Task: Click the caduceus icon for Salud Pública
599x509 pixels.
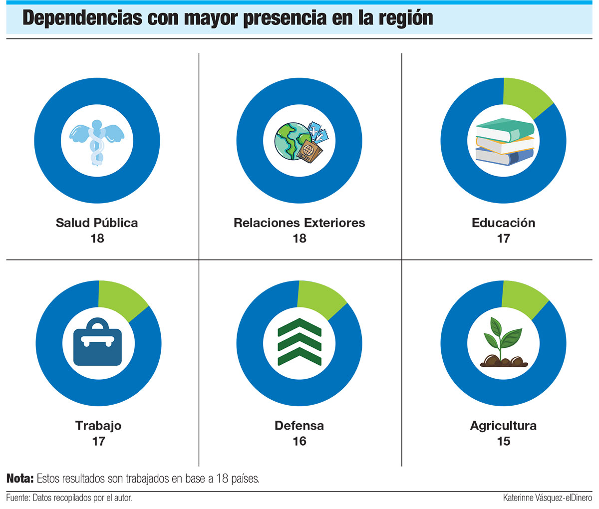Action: click(97, 141)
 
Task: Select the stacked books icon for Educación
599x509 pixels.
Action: click(504, 142)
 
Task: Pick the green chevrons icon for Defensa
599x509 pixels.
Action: click(299, 342)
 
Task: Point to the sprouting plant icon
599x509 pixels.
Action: click(504, 343)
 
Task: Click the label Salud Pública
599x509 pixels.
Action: click(97, 223)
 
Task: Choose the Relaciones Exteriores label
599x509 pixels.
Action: click(299, 223)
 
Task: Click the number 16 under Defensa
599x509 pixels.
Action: click(299, 441)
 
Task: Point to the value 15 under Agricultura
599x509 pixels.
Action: click(504, 441)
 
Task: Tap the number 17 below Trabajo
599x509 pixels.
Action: click(98, 441)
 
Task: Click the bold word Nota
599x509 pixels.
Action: click(19, 479)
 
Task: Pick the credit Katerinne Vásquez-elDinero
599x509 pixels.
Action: click(548, 498)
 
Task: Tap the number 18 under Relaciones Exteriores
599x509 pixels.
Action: click(299, 239)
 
